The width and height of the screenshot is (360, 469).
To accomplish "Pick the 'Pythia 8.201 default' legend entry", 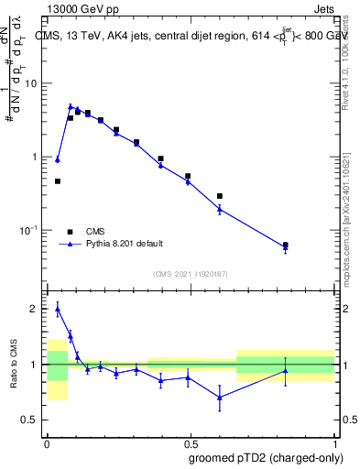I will [124, 244].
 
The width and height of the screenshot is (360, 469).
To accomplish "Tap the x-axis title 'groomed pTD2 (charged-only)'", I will [267, 458].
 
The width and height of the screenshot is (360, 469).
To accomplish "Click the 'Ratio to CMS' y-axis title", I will [14, 365].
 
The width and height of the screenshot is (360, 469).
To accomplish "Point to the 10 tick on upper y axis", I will [31, 83].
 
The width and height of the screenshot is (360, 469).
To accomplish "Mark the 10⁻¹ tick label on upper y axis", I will [29, 229].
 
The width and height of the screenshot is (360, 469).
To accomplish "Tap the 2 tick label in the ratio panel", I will [35, 310].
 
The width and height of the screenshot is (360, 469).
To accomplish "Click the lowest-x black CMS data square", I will [58, 181].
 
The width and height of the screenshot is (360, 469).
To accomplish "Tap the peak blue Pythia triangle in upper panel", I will [71, 106].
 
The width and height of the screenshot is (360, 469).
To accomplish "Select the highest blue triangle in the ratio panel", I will [58, 309].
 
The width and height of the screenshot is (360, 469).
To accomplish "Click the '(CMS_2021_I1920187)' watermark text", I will [189, 272].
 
